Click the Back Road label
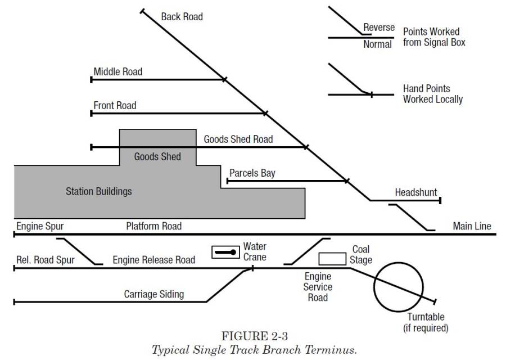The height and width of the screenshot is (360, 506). pyautogui.click(x=182, y=17)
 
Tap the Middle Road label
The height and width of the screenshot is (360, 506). pyautogui.click(x=118, y=72)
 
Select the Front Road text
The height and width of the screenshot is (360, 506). pyautogui.click(x=115, y=105)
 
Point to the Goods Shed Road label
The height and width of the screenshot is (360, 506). pyautogui.click(x=238, y=139)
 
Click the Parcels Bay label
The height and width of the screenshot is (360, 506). pyautogui.click(x=252, y=173)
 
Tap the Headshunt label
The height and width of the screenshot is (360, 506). pyautogui.click(x=415, y=192)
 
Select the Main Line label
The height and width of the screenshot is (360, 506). pyautogui.click(x=472, y=226)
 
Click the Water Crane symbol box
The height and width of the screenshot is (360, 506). pyautogui.click(x=225, y=253)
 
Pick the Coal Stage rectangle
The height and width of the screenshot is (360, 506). pyautogui.click(x=332, y=259)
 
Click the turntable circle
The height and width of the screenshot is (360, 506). pyautogui.click(x=398, y=287)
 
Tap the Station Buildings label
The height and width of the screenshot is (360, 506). pyautogui.click(x=98, y=191)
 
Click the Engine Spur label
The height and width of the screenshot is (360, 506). pyautogui.click(x=40, y=226)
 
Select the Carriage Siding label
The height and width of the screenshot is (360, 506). pyautogui.click(x=153, y=294)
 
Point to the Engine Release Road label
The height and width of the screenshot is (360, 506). pyautogui.click(x=153, y=260)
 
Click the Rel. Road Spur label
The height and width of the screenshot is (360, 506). pyautogui.click(x=45, y=260)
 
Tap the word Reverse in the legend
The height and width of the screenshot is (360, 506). pyautogui.click(x=378, y=28)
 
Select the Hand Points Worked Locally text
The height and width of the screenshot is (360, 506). pyautogui.click(x=433, y=94)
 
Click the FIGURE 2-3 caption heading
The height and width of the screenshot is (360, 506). pyautogui.click(x=254, y=336)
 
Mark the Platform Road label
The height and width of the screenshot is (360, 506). pyautogui.click(x=153, y=226)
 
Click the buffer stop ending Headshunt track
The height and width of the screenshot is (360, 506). pyautogui.click(x=440, y=200)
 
